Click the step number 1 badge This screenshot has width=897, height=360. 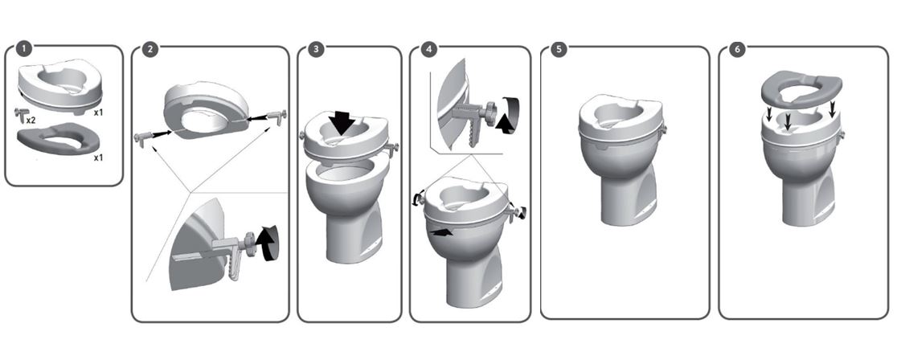click(23, 49)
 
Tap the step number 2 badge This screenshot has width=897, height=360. click(149, 49)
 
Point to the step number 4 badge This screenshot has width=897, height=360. click(428, 49)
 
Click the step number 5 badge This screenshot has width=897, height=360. click(559, 49)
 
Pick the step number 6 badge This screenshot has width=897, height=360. click(737, 49)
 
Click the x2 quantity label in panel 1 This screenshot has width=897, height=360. click(31, 121)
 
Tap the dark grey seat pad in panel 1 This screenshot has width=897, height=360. click(59, 139)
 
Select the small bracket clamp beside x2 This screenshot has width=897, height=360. click(21, 115)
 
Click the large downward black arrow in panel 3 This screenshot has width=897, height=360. click(341, 122)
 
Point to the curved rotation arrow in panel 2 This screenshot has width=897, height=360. click(268, 243)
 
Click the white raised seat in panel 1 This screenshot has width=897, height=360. click(60, 85)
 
